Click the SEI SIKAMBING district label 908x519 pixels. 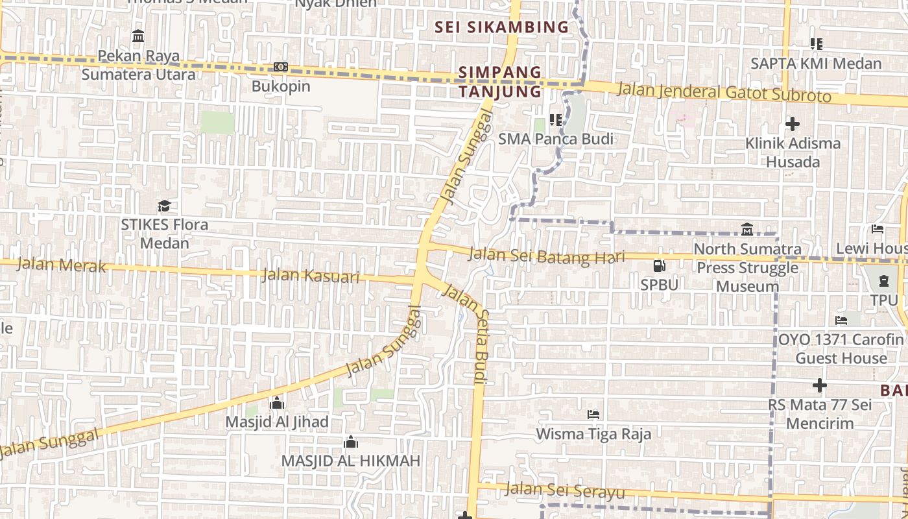(501, 27)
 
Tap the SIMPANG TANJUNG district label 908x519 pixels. (500, 81)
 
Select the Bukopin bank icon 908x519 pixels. (280, 67)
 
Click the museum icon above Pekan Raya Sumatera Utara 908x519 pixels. (138, 36)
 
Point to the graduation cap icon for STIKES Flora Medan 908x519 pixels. (165, 206)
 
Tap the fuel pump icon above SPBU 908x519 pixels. (659, 265)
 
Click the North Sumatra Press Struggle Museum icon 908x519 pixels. (747, 230)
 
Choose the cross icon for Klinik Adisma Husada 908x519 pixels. (792, 123)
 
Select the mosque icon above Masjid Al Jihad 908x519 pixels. (277, 403)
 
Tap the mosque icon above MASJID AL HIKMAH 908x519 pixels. (351, 442)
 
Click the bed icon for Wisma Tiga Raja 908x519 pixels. (593, 414)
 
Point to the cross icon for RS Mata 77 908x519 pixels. (820, 385)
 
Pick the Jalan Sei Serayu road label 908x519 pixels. (565, 491)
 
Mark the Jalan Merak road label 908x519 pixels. (61, 264)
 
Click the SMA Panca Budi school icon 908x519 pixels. (555, 120)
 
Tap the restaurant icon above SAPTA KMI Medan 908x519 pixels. (816, 44)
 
